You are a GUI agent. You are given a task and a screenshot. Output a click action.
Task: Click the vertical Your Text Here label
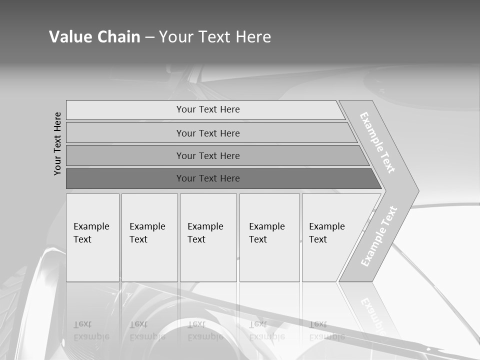click(57, 143)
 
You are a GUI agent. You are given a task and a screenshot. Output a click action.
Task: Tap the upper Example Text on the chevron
click(377, 142)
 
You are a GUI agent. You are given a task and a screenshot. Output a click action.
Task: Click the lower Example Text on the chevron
click(379, 236)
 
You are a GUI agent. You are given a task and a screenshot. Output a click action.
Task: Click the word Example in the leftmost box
click(91, 226)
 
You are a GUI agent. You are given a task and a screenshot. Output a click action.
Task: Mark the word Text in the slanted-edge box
click(318, 239)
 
